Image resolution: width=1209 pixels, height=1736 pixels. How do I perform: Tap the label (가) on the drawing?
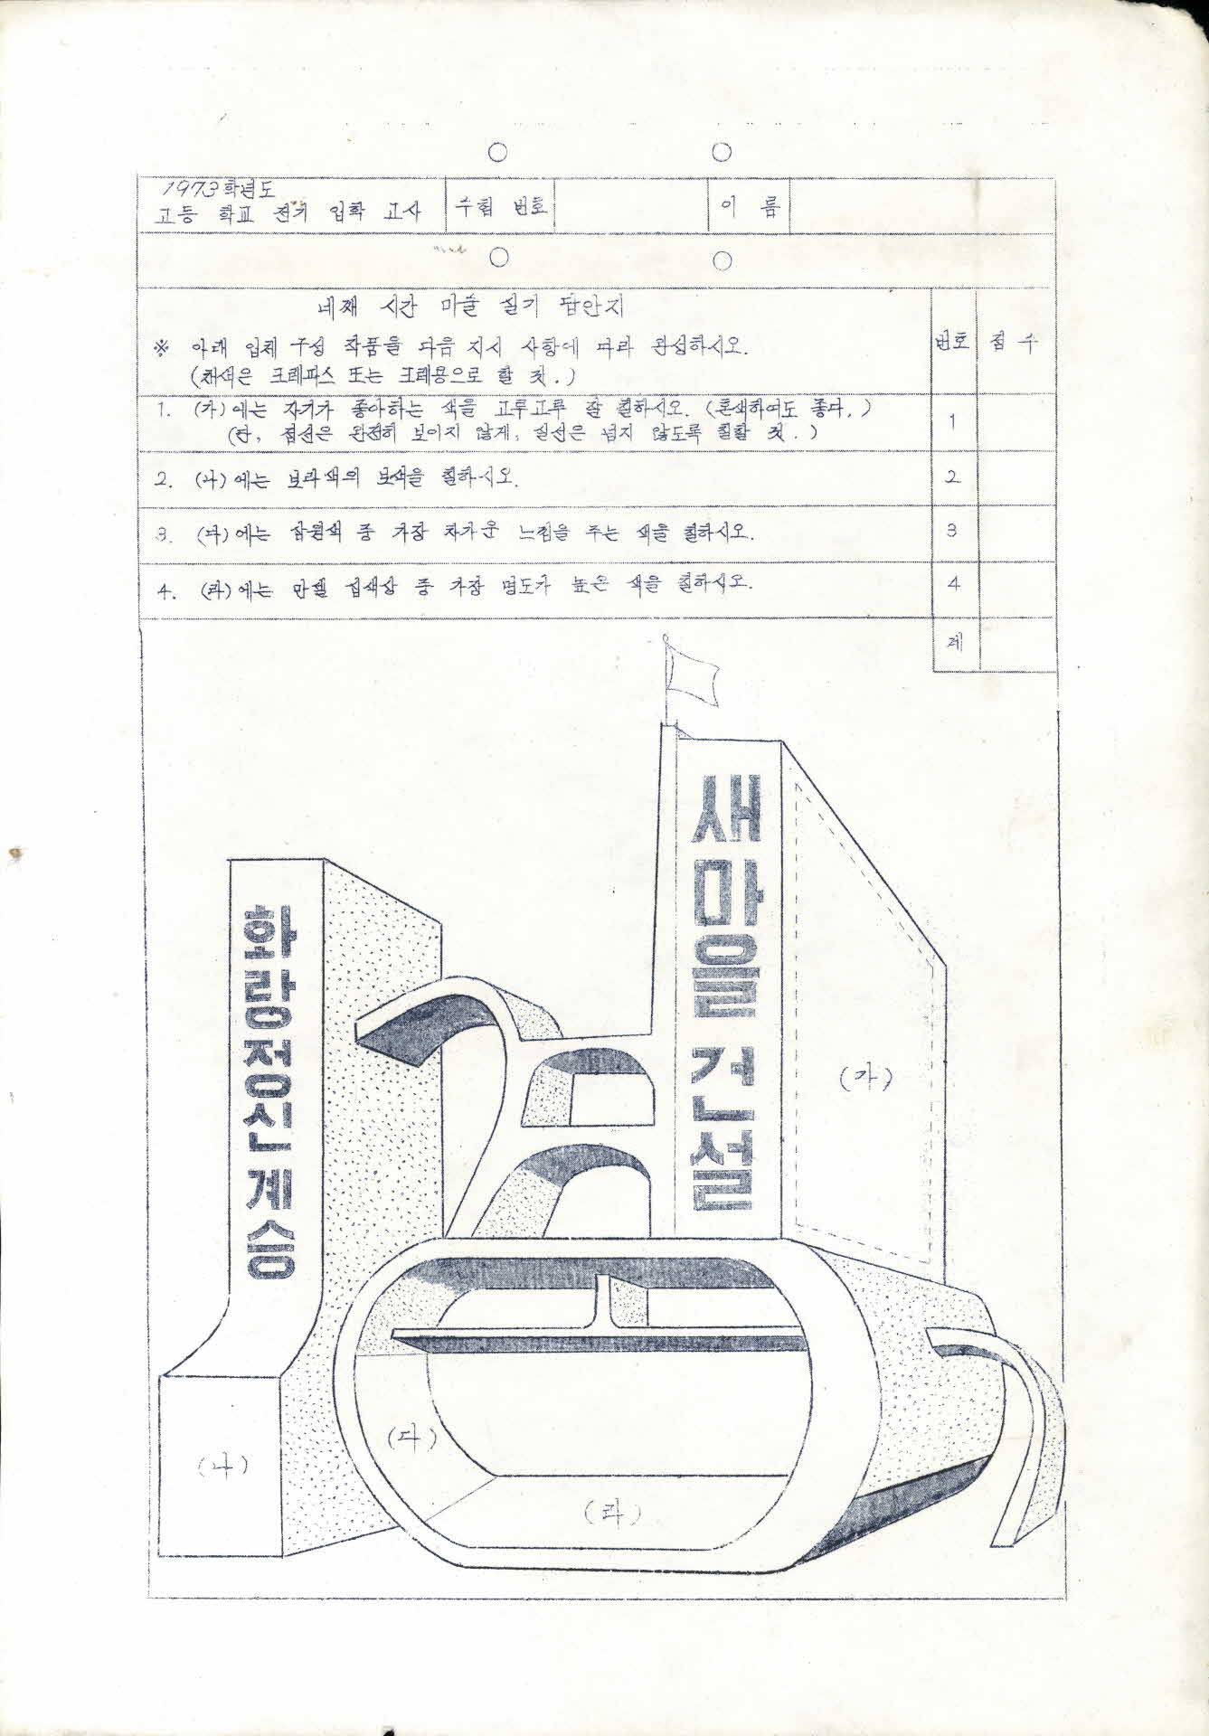(864, 1077)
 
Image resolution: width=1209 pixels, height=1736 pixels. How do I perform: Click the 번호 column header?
(954, 343)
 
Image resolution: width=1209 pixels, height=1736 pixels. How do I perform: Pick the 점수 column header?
(1014, 343)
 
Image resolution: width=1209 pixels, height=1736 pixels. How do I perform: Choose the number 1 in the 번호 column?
(954, 420)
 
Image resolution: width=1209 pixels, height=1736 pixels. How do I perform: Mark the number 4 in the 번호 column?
(954, 584)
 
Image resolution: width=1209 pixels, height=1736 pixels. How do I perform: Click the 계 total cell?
(954, 644)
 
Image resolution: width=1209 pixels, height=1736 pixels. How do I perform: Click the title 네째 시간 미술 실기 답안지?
(468, 308)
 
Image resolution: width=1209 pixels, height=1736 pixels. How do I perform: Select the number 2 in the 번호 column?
(954, 476)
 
